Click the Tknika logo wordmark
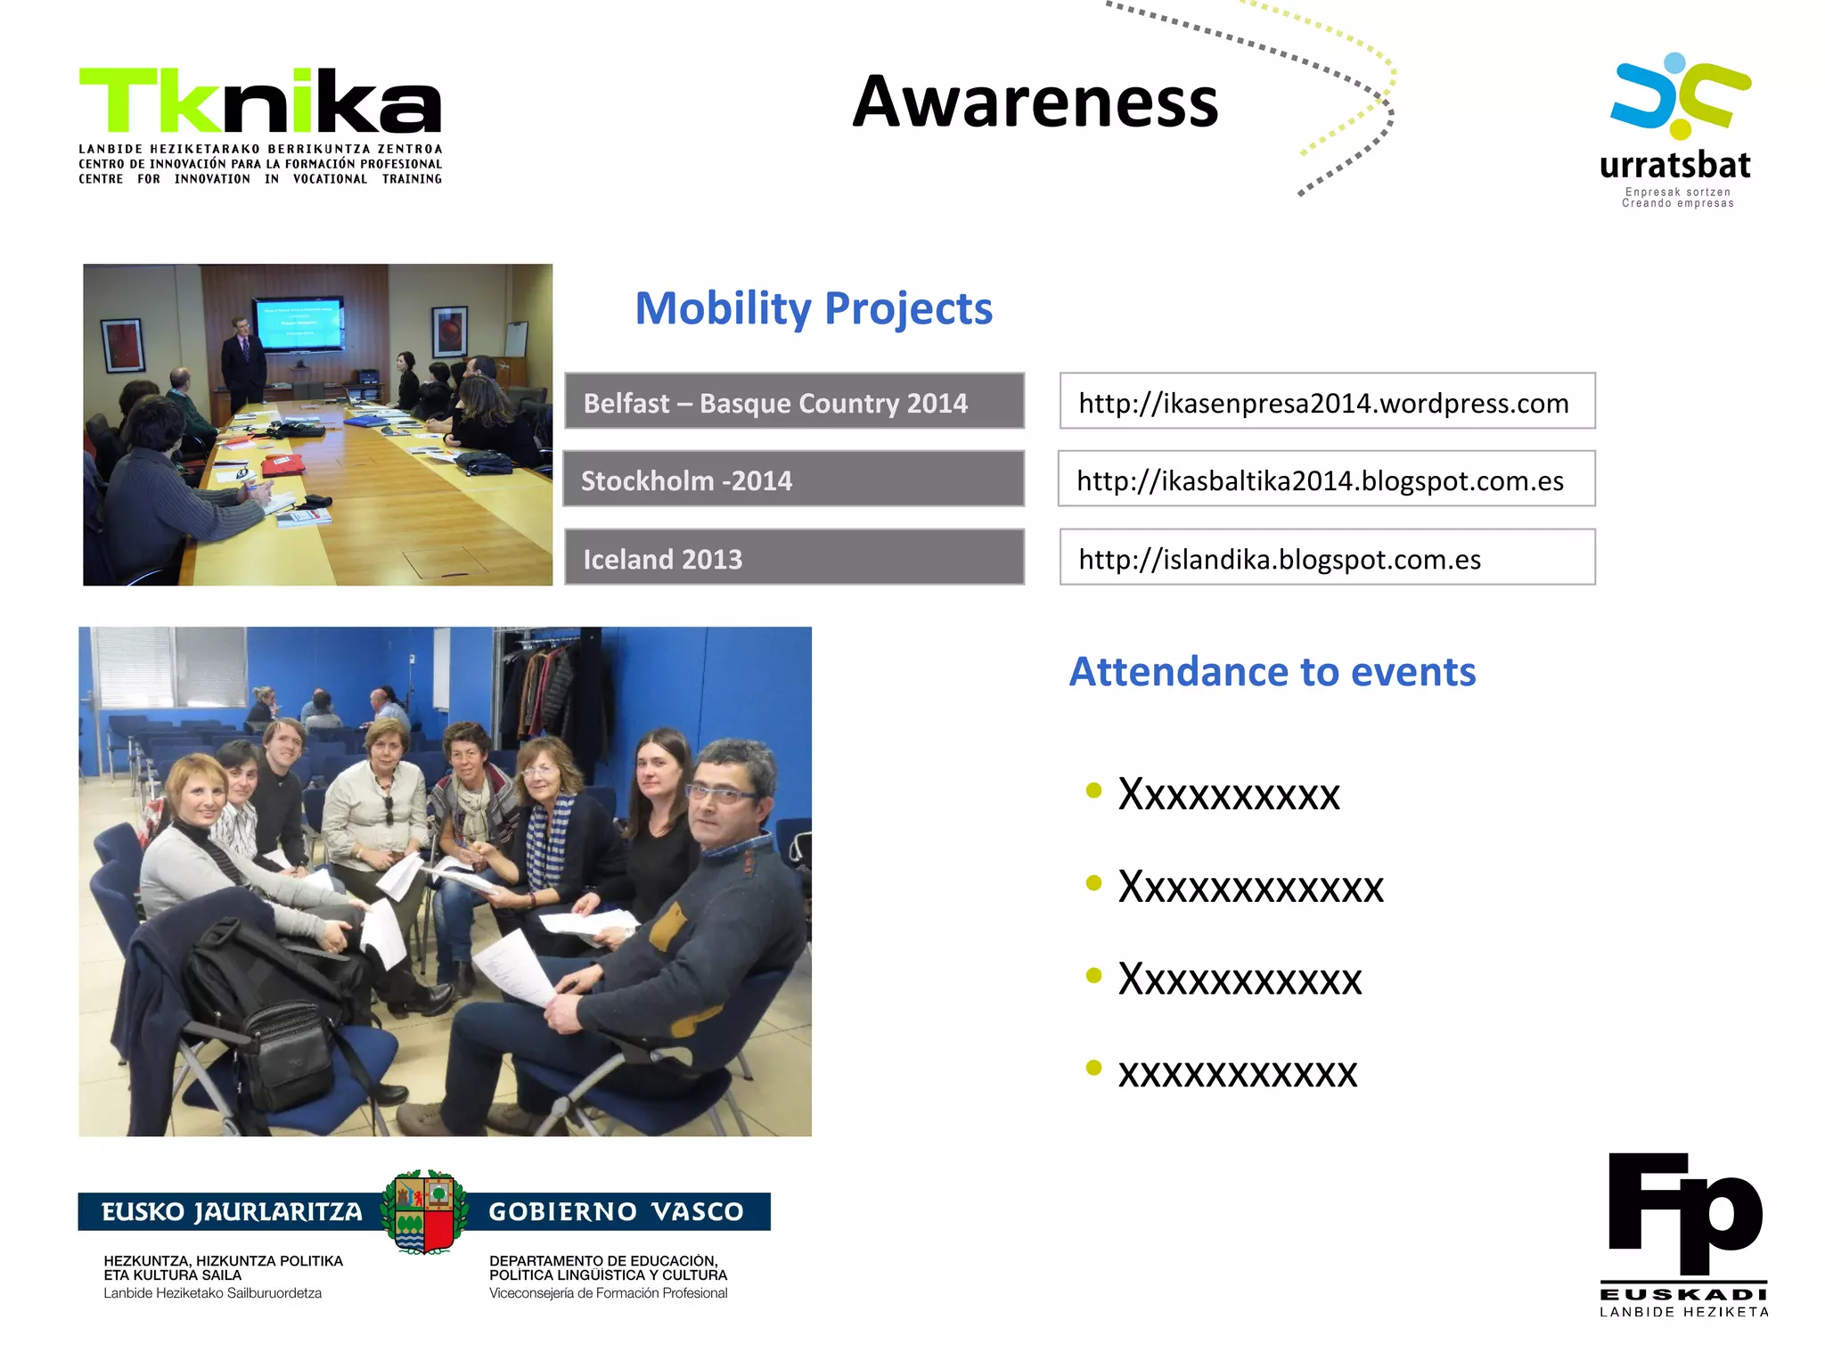(260, 101)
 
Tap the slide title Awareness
(1035, 102)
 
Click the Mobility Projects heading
(813, 308)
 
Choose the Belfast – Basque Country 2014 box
(794, 402)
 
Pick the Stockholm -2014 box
(794, 480)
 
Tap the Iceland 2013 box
(794, 558)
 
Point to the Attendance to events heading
(1272, 672)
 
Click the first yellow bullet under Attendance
(1094, 791)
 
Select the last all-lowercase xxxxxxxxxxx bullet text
(1238, 1072)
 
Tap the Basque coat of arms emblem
(424, 1211)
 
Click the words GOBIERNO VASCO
(616, 1212)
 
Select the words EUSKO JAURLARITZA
(232, 1212)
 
